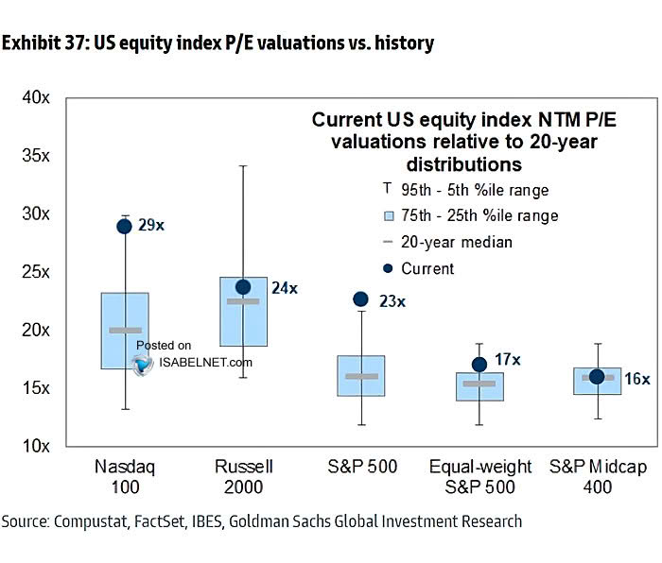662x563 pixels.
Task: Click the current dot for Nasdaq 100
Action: (x=124, y=226)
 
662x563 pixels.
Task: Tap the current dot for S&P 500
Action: (x=360, y=299)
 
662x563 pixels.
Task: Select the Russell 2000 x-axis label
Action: (x=243, y=476)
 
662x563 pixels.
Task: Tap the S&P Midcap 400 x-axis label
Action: (x=598, y=476)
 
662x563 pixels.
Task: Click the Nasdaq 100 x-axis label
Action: (x=125, y=476)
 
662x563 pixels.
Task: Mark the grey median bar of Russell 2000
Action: (x=243, y=301)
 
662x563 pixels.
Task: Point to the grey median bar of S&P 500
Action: (x=361, y=376)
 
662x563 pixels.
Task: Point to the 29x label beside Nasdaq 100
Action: (x=152, y=226)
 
